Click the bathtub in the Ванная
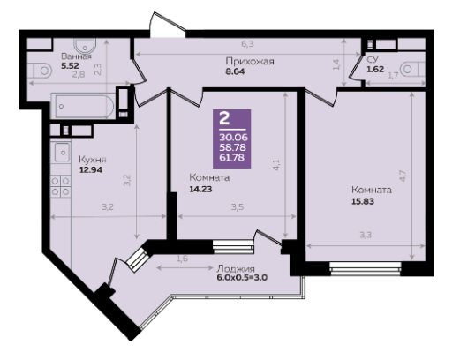[83, 106]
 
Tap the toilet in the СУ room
[413, 70]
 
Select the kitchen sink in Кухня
[61, 153]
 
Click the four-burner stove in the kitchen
[60, 186]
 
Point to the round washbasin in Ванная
[85, 46]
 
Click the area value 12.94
[91, 169]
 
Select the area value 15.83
[363, 201]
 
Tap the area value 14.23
[200, 189]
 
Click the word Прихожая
[250, 61]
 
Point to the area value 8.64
[235, 71]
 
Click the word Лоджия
[236, 269]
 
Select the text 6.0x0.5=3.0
[242, 278]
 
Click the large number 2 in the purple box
[225, 119]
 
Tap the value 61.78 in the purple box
[231, 158]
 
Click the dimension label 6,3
[247, 44]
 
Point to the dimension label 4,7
[403, 176]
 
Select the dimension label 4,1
[276, 165]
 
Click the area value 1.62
[375, 69]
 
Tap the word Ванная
[76, 56]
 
